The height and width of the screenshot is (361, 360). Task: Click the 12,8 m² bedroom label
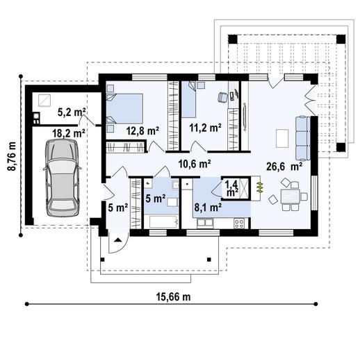[x=143, y=129]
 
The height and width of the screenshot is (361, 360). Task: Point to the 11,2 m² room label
[x=205, y=128]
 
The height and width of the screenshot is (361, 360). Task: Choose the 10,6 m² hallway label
[x=194, y=164]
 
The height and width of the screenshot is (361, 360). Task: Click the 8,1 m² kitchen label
[x=208, y=206]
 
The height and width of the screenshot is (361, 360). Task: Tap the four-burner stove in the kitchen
[x=240, y=223]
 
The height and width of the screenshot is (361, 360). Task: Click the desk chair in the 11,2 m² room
[x=222, y=98]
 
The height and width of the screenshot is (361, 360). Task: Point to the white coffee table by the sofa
[x=282, y=138]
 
